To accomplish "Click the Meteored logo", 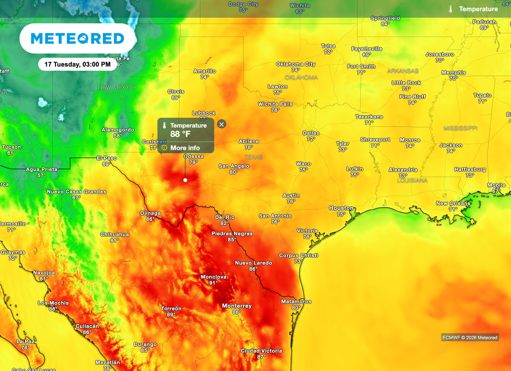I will pos(77,38).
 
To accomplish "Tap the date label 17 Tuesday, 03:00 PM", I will pos(77,64).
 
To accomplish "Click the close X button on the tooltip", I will pos(222,124).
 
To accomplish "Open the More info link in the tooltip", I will pos(185,147).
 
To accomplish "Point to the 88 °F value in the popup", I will pos(181,134).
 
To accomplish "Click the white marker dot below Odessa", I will pos(185,180).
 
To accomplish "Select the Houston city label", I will pos(341,208).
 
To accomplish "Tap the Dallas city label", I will pos(311,133).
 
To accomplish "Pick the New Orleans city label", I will pos(453,203).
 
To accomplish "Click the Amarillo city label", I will pos(205,71).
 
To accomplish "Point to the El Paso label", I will pos(106,158).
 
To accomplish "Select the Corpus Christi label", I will pos(298,255).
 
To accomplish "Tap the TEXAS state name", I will pos(254,157).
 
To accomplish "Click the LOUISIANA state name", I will pos(412,180).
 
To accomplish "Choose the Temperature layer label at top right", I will pos(478,9).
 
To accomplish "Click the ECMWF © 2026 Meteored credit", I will pos(470,337).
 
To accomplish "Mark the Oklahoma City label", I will pos(296,64).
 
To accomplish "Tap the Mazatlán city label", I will pos(108,362).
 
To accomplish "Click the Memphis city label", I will pos(454,72).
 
